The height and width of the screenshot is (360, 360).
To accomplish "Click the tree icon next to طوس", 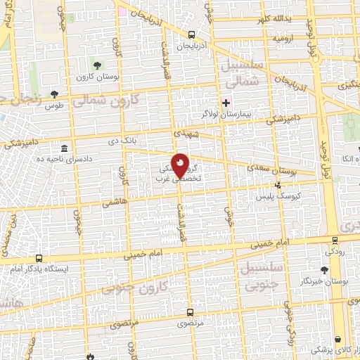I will (x=64, y=95).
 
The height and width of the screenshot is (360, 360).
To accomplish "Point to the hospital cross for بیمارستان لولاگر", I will (x=226, y=101).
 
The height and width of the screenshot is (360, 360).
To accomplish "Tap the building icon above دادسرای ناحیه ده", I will (x=64, y=149).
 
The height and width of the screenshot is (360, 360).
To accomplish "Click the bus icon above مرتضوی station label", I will (x=190, y=312).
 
